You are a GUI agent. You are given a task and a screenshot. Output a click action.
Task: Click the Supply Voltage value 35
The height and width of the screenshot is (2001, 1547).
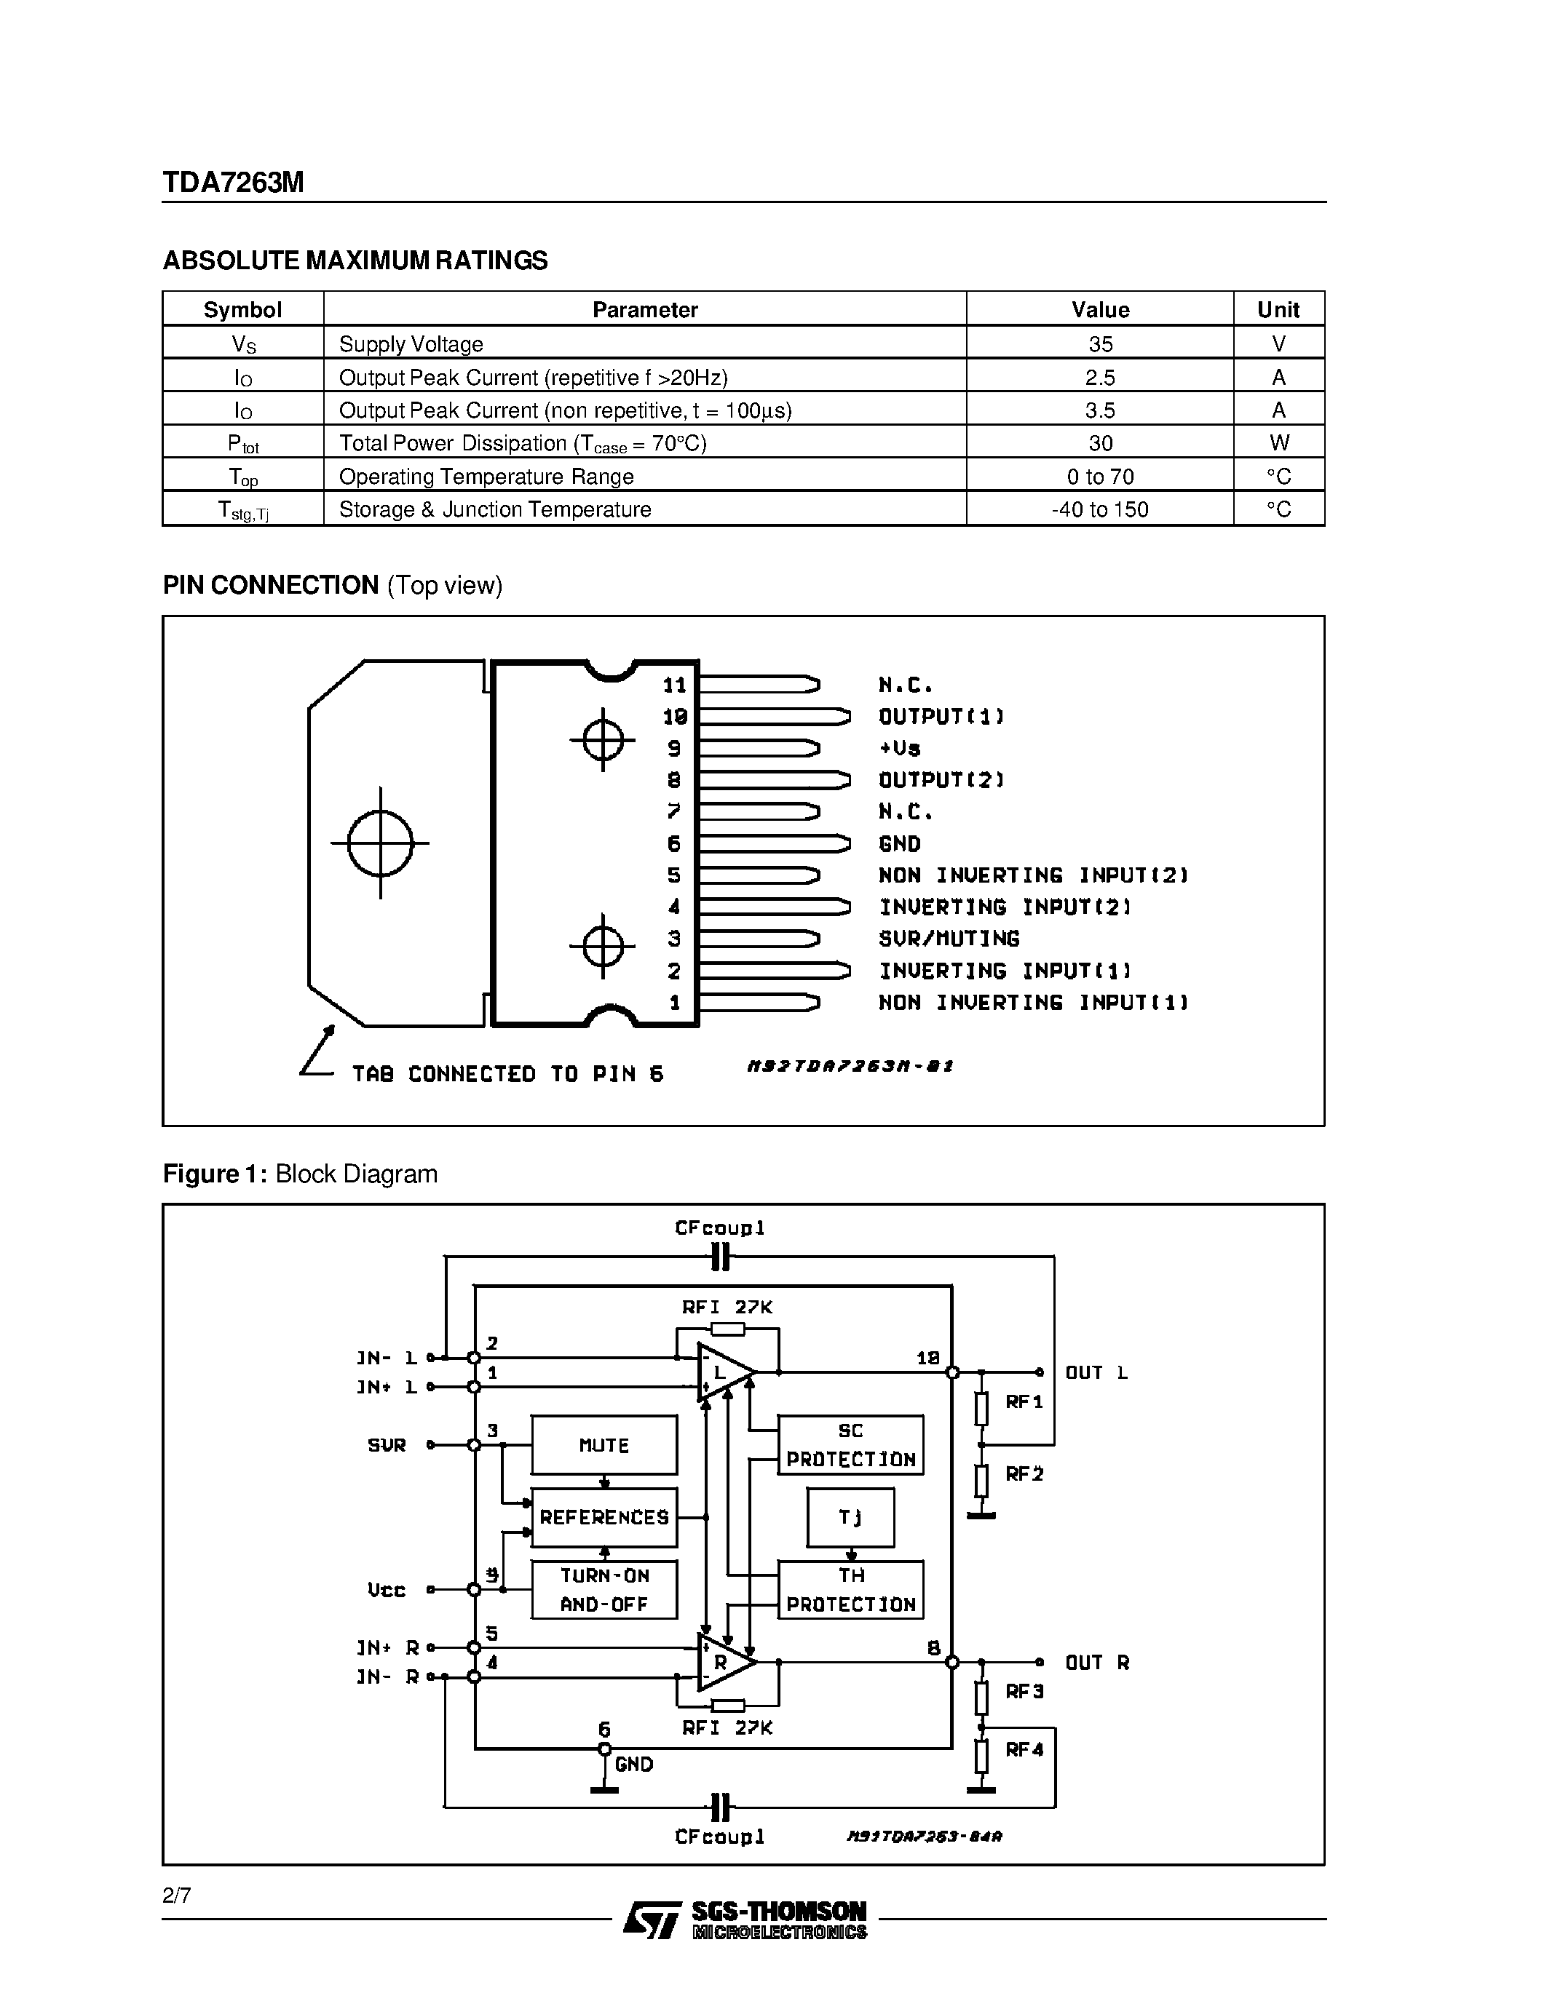[1100, 343]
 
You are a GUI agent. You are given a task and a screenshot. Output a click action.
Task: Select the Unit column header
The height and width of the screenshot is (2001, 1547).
[1278, 310]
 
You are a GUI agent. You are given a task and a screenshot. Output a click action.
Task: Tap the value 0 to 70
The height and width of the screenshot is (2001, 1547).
[1100, 477]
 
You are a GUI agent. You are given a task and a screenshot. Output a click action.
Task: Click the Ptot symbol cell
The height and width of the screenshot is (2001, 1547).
[243, 443]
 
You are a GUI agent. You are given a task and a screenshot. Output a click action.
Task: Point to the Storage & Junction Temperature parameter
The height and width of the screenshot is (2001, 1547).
[495, 509]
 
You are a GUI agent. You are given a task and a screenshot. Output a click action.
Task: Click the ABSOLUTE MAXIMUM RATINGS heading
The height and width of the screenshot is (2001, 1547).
[355, 260]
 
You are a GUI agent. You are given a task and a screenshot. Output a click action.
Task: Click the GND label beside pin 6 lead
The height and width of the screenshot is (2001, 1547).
[899, 844]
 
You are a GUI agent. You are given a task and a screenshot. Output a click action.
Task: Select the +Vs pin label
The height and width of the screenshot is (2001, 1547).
[899, 749]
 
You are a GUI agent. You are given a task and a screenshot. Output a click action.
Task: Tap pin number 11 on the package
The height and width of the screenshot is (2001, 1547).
[675, 685]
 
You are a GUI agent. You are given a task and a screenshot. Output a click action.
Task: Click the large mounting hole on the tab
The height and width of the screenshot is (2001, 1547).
[380, 843]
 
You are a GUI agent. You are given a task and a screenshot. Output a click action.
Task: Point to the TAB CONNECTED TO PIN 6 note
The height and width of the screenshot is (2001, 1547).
[507, 1074]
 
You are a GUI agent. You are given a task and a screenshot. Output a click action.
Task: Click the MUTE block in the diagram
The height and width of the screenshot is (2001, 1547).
[604, 1445]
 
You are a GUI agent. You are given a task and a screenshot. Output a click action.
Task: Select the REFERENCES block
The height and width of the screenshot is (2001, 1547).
[604, 1517]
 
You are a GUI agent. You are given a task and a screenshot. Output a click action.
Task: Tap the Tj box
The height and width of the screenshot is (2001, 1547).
[850, 1517]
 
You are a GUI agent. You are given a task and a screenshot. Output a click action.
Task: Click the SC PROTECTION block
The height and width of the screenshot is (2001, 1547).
[850, 1445]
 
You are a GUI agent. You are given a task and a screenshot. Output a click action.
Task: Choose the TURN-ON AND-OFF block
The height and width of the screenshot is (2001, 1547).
[604, 1590]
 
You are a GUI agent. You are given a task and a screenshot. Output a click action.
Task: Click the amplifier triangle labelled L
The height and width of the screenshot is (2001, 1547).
[723, 1372]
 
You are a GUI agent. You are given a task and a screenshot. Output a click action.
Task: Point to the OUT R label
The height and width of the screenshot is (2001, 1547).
[1097, 1662]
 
